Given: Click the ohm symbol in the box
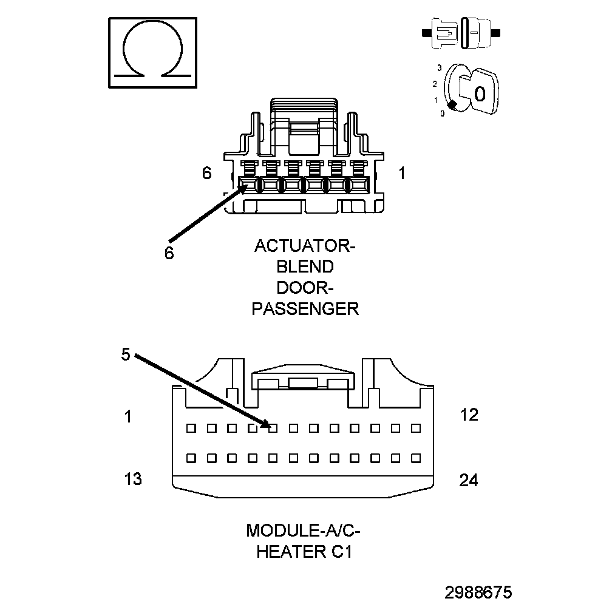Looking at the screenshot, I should (x=152, y=52).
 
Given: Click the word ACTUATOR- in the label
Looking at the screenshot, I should (x=305, y=246).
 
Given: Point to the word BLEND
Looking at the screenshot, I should (x=305, y=267).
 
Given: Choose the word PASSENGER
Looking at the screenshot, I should (x=305, y=308).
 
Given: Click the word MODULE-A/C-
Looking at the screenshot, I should (x=303, y=531).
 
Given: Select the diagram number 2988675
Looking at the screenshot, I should (x=478, y=592).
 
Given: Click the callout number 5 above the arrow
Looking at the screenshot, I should (x=126, y=354).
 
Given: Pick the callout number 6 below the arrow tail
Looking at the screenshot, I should (x=169, y=253).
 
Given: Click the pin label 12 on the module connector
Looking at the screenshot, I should (x=469, y=415).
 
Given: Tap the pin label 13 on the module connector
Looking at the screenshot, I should (x=133, y=479).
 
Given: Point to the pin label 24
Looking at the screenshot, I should (x=468, y=481).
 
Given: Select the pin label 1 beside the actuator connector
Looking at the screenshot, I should (x=402, y=174).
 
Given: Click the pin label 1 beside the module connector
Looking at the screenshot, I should (x=128, y=417).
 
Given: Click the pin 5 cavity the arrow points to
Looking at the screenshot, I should (x=273, y=428).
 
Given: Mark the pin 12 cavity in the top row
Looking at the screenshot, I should (x=416, y=428).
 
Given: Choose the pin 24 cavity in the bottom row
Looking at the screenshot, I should (x=416, y=457).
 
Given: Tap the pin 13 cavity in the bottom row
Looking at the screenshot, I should (x=191, y=457).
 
